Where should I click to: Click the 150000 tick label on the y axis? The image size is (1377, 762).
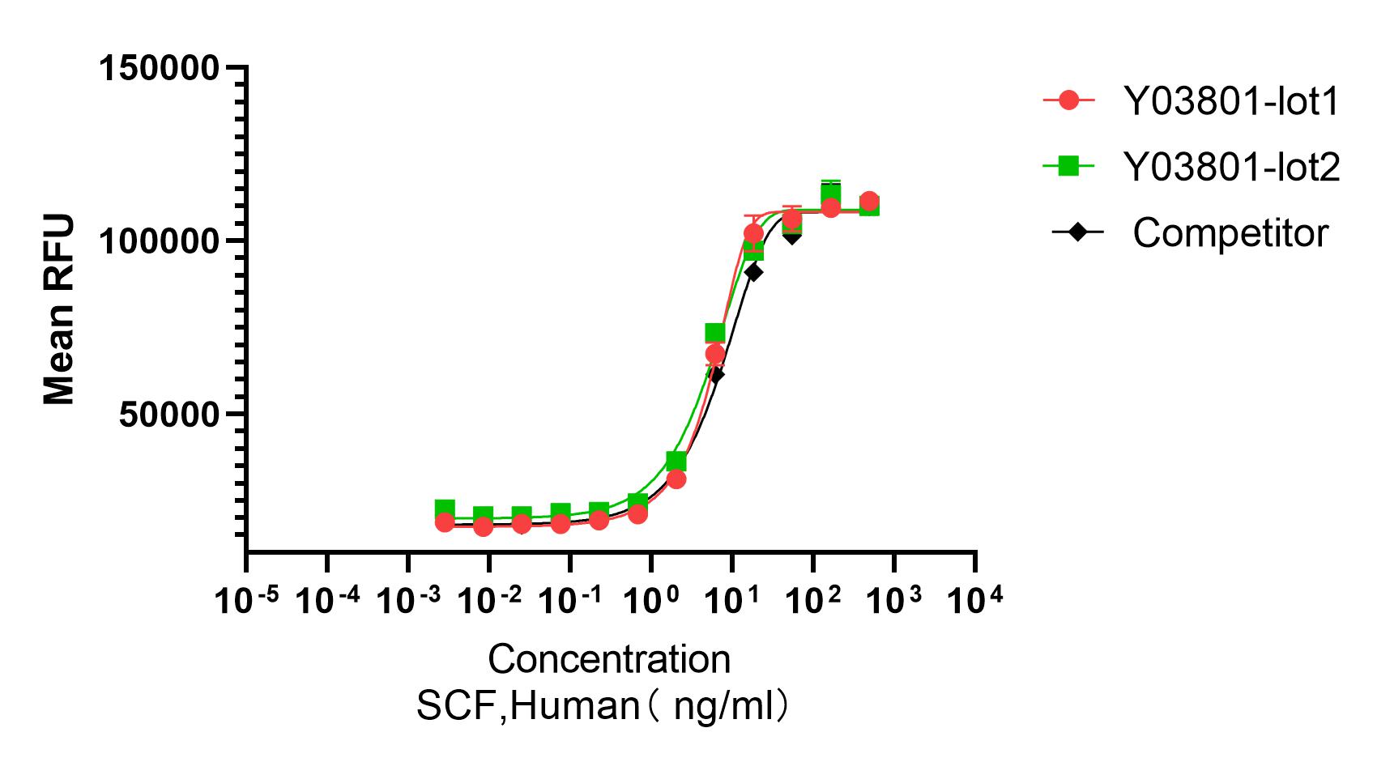[x=159, y=68]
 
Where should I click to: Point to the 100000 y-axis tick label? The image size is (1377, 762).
[x=159, y=241]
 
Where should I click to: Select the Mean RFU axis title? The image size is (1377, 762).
[x=58, y=309]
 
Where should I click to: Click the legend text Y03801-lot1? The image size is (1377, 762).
[x=1231, y=102]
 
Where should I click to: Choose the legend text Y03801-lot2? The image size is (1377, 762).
[x=1231, y=168]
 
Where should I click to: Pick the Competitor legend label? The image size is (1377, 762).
[x=1230, y=233]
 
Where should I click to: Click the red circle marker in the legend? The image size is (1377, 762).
[x=1069, y=100]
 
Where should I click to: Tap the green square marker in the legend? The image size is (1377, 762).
[x=1069, y=166]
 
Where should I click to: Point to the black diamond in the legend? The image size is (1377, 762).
[x=1077, y=232]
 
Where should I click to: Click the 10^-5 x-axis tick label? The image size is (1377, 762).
[x=246, y=601]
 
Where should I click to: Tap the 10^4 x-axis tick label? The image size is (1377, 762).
[x=975, y=601]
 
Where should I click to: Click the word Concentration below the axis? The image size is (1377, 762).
[x=609, y=660]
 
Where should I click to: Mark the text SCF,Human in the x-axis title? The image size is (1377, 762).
[x=528, y=706]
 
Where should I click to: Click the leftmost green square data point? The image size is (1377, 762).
[x=445, y=509]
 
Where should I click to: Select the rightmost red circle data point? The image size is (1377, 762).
[x=869, y=202]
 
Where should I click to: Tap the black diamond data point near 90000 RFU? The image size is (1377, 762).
[x=753, y=273]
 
